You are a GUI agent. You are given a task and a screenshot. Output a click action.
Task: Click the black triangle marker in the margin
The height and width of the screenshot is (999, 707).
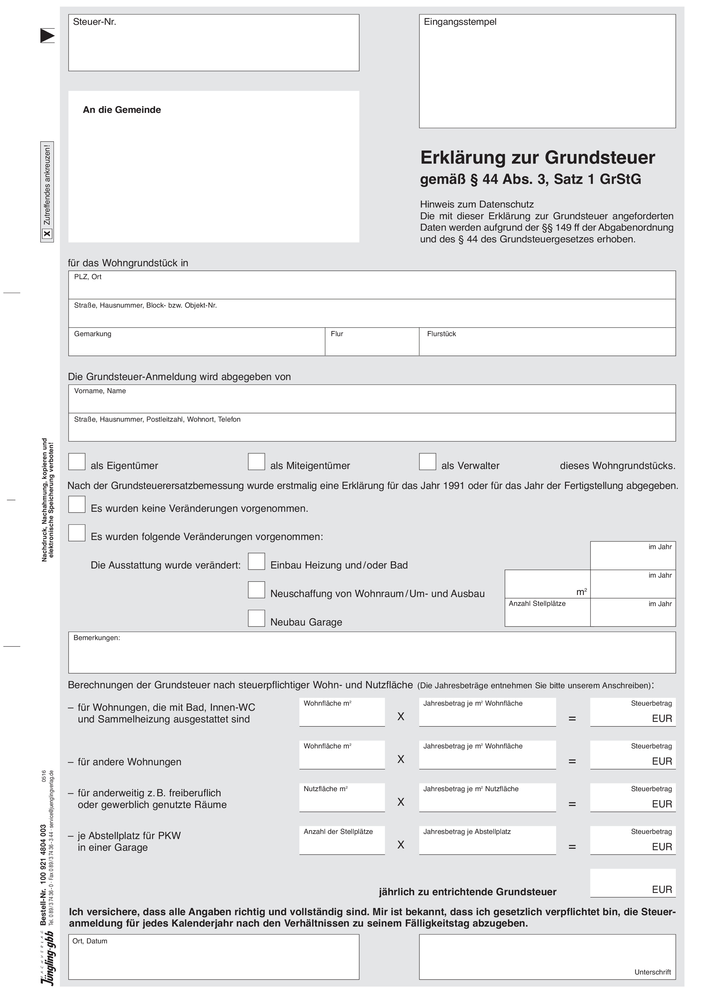[47, 36]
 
